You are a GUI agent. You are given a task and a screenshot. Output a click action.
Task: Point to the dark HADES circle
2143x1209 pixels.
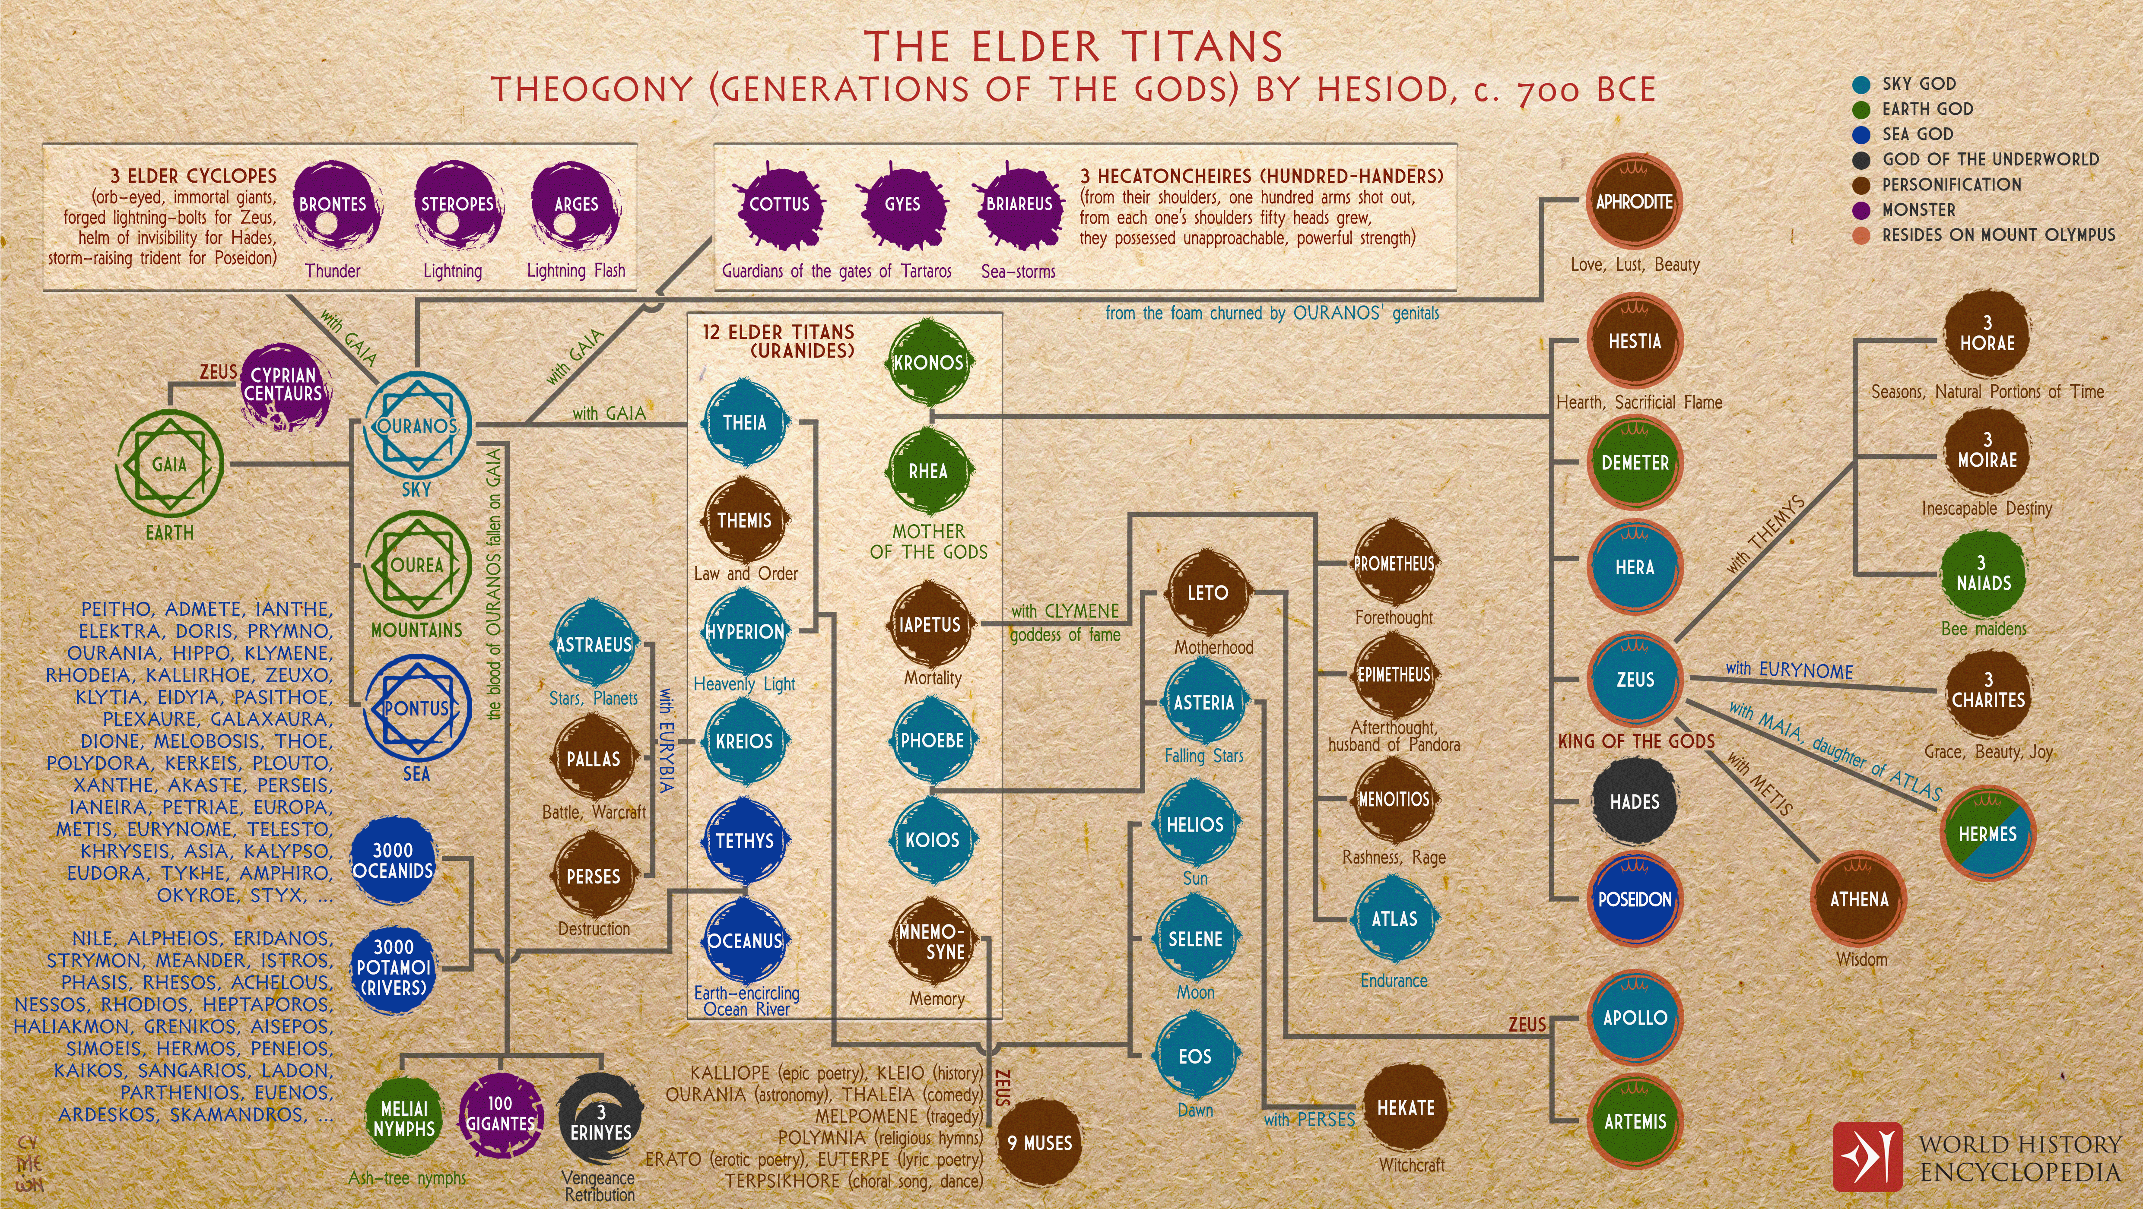coord(1635,801)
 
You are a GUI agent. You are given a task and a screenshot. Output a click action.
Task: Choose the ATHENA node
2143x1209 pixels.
coord(1859,899)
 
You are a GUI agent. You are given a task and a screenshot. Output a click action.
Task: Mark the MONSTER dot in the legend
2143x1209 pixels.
coord(1862,209)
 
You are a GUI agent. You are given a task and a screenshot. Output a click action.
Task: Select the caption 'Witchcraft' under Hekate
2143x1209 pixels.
coord(1412,1165)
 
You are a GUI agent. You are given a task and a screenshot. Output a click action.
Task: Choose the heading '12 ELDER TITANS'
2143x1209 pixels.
coord(778,332)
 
